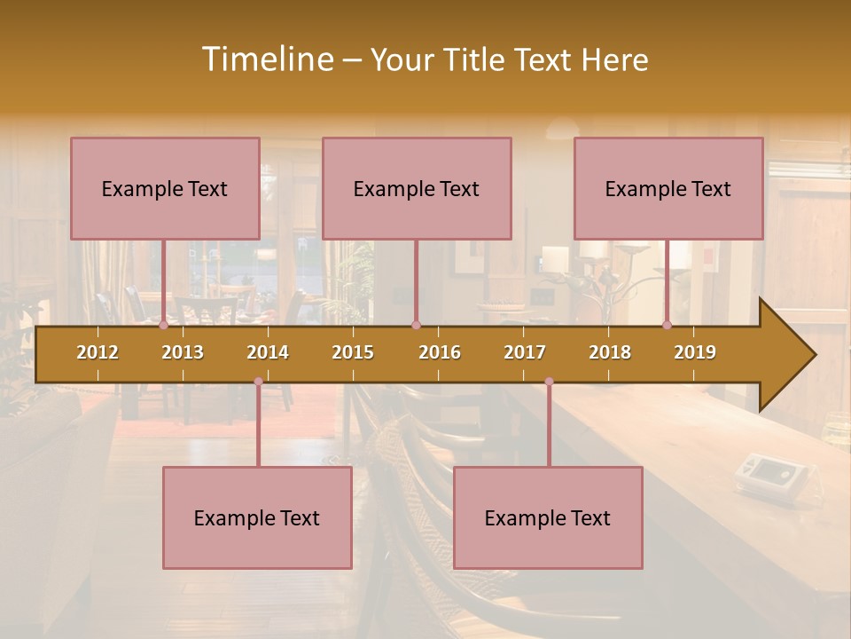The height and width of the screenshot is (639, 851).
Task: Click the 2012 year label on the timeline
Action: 98,352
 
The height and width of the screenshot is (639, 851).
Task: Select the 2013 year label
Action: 183,352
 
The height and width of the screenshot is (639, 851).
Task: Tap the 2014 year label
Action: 268,352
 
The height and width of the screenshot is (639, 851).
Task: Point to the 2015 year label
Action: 353,352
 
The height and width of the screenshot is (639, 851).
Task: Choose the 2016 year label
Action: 440,352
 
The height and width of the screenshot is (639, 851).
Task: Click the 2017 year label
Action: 525,352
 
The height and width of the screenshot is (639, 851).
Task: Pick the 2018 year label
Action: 610,352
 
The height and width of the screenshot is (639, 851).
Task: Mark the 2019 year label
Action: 695,352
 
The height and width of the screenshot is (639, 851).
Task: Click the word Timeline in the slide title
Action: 266,59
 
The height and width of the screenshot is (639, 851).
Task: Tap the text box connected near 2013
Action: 165,188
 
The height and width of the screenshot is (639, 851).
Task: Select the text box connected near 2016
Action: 417,188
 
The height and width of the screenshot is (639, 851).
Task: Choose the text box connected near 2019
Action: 668,188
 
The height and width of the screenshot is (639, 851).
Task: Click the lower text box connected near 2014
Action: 257,517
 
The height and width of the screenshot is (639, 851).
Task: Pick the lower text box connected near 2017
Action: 548,517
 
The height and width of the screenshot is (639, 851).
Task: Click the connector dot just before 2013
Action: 164,326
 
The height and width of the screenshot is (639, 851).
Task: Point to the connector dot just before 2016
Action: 416,326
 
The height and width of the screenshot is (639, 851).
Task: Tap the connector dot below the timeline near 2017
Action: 549,382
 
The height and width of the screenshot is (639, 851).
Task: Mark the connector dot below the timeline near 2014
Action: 258,382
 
